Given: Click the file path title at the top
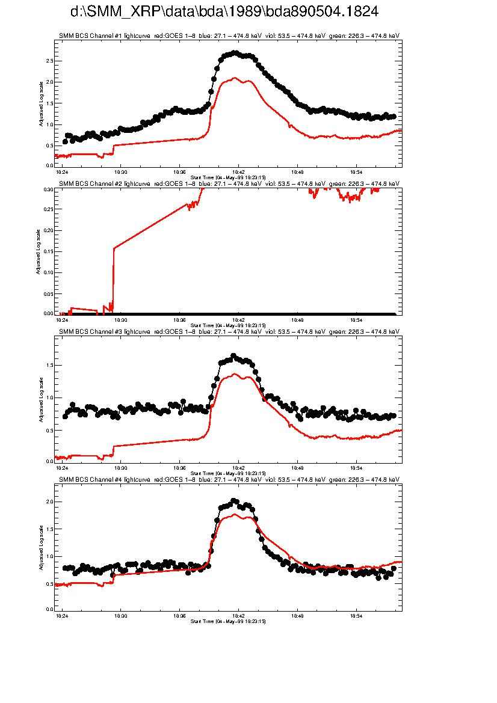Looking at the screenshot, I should click(x=224, y=12).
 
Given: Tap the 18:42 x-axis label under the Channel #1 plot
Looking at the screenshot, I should click(x=238, y=171).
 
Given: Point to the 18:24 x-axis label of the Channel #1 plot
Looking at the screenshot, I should click(x=61, y=171).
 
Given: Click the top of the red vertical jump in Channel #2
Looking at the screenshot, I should click(x=114, y=248).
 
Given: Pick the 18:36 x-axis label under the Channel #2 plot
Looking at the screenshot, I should click(x=179, y=320).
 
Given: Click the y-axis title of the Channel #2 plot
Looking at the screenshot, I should click(x=38, y=252).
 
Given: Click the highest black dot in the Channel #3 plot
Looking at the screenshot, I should click(x=233, y=355).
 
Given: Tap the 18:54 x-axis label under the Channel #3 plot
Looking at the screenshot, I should click(x=356, y=467).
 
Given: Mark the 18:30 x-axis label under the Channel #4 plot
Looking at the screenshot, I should click(x=120, y=616).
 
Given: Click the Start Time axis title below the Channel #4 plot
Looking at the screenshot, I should click(x=228, y=621).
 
